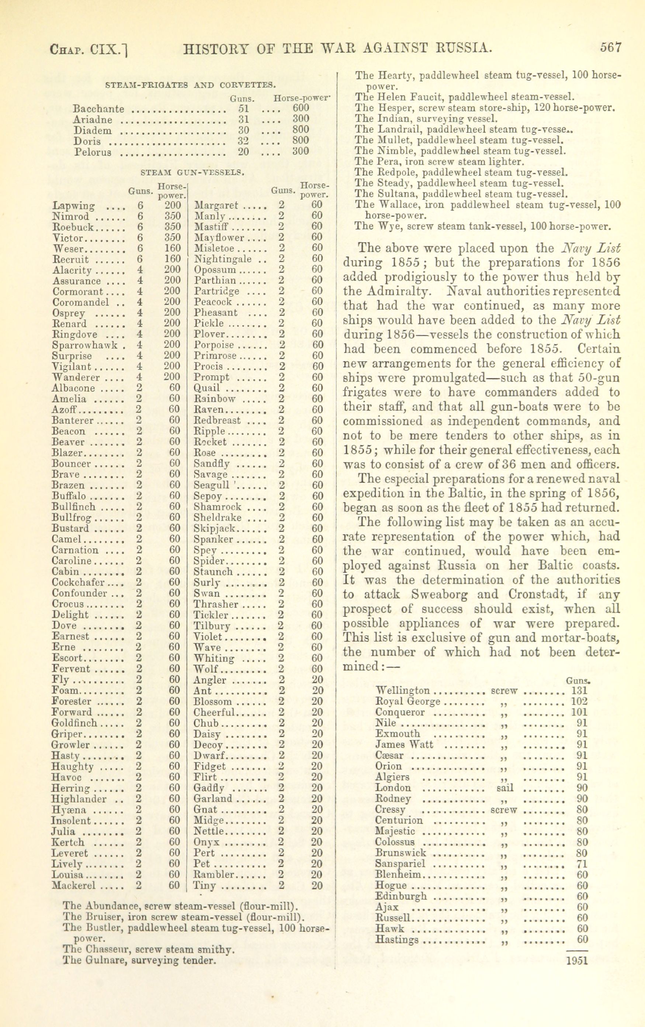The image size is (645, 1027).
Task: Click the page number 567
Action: coord(610,47)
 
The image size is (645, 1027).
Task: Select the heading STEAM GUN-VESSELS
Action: coord(192,173)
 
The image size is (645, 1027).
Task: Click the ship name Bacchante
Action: coord(99,109)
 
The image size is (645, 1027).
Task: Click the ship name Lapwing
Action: coord(74,206)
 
